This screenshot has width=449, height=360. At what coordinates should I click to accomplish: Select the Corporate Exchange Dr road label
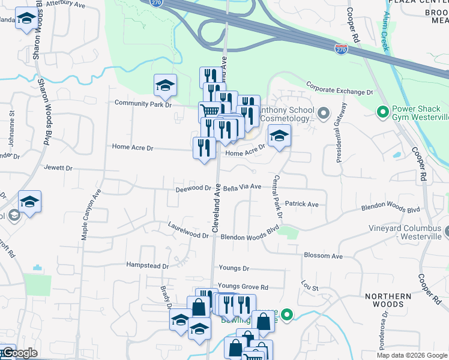pos(340,89)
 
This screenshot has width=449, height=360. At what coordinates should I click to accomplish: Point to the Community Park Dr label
pos(143,104)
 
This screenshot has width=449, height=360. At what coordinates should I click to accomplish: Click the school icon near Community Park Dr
pos(165,86)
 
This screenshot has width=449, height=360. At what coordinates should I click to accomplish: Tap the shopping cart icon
pos(210,112)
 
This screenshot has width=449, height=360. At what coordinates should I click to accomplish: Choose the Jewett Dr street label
pos(58,169)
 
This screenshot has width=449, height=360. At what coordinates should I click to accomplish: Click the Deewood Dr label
pos(193,188)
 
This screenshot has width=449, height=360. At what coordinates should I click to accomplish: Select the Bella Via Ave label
pos(243,187)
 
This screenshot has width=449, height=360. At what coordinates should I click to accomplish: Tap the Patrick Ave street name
pos(302,204)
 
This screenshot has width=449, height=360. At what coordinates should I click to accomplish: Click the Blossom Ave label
pos(323,256)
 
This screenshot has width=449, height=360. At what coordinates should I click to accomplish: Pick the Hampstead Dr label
pos(148,265)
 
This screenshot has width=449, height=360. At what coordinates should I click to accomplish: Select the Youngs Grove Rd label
pos(243,287)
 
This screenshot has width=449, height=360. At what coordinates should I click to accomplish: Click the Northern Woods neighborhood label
pos(388,300)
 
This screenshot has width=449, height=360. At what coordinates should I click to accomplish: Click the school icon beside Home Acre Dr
pos(279,137)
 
